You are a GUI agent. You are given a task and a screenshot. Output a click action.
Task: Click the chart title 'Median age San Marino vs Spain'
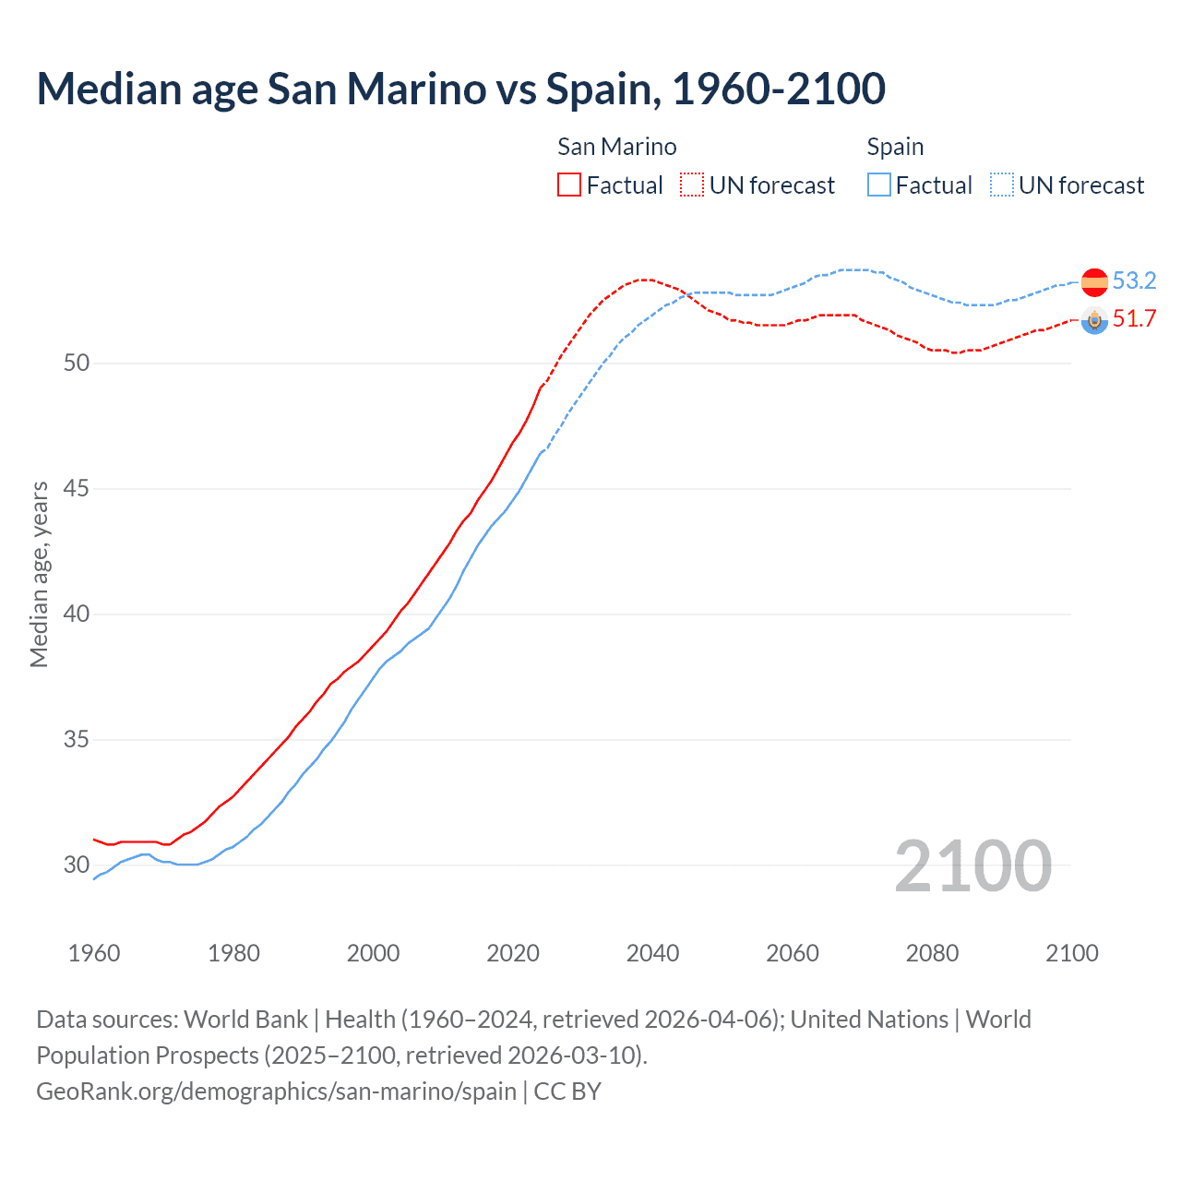(x=460, y=89)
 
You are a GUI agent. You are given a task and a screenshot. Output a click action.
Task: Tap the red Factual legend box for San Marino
(x=569, y=185)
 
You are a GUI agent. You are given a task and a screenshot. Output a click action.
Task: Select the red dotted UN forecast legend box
(x=692, y=185)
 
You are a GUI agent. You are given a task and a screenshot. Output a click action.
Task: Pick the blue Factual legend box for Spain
(x=879, y=185)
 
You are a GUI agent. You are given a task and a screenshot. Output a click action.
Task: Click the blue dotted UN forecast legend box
(x=1002, y=185)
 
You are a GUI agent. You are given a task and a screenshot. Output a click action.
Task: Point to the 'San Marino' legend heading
(x=616, y=147)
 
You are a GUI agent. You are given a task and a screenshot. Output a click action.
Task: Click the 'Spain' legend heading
(x=895, y=147)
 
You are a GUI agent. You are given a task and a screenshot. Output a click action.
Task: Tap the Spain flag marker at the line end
(x=1094, y=281)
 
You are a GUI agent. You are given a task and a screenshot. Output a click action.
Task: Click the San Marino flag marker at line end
(x=1094, y=320)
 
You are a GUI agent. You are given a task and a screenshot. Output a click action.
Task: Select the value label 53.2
(x=1134, y=280)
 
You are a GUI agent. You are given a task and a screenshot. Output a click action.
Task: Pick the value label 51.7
(x=1134, y=319)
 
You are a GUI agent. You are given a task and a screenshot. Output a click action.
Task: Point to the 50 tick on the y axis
(x=77, y=363)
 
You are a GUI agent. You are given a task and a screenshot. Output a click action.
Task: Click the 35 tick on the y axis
(x=77, y=739)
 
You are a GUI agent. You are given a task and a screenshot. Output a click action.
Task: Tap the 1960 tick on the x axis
(x=94, y=953)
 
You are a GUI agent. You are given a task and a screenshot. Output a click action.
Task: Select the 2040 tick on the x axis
(x=652, y=953)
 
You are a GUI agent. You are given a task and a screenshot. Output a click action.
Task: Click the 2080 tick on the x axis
(x=932, y=953)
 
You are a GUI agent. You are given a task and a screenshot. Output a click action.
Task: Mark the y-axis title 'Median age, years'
(x=39, y=574)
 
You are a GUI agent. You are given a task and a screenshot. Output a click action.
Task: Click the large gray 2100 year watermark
(x=972, y=865)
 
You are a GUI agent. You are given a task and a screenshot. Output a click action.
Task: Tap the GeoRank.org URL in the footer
(x=276, y=1091)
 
